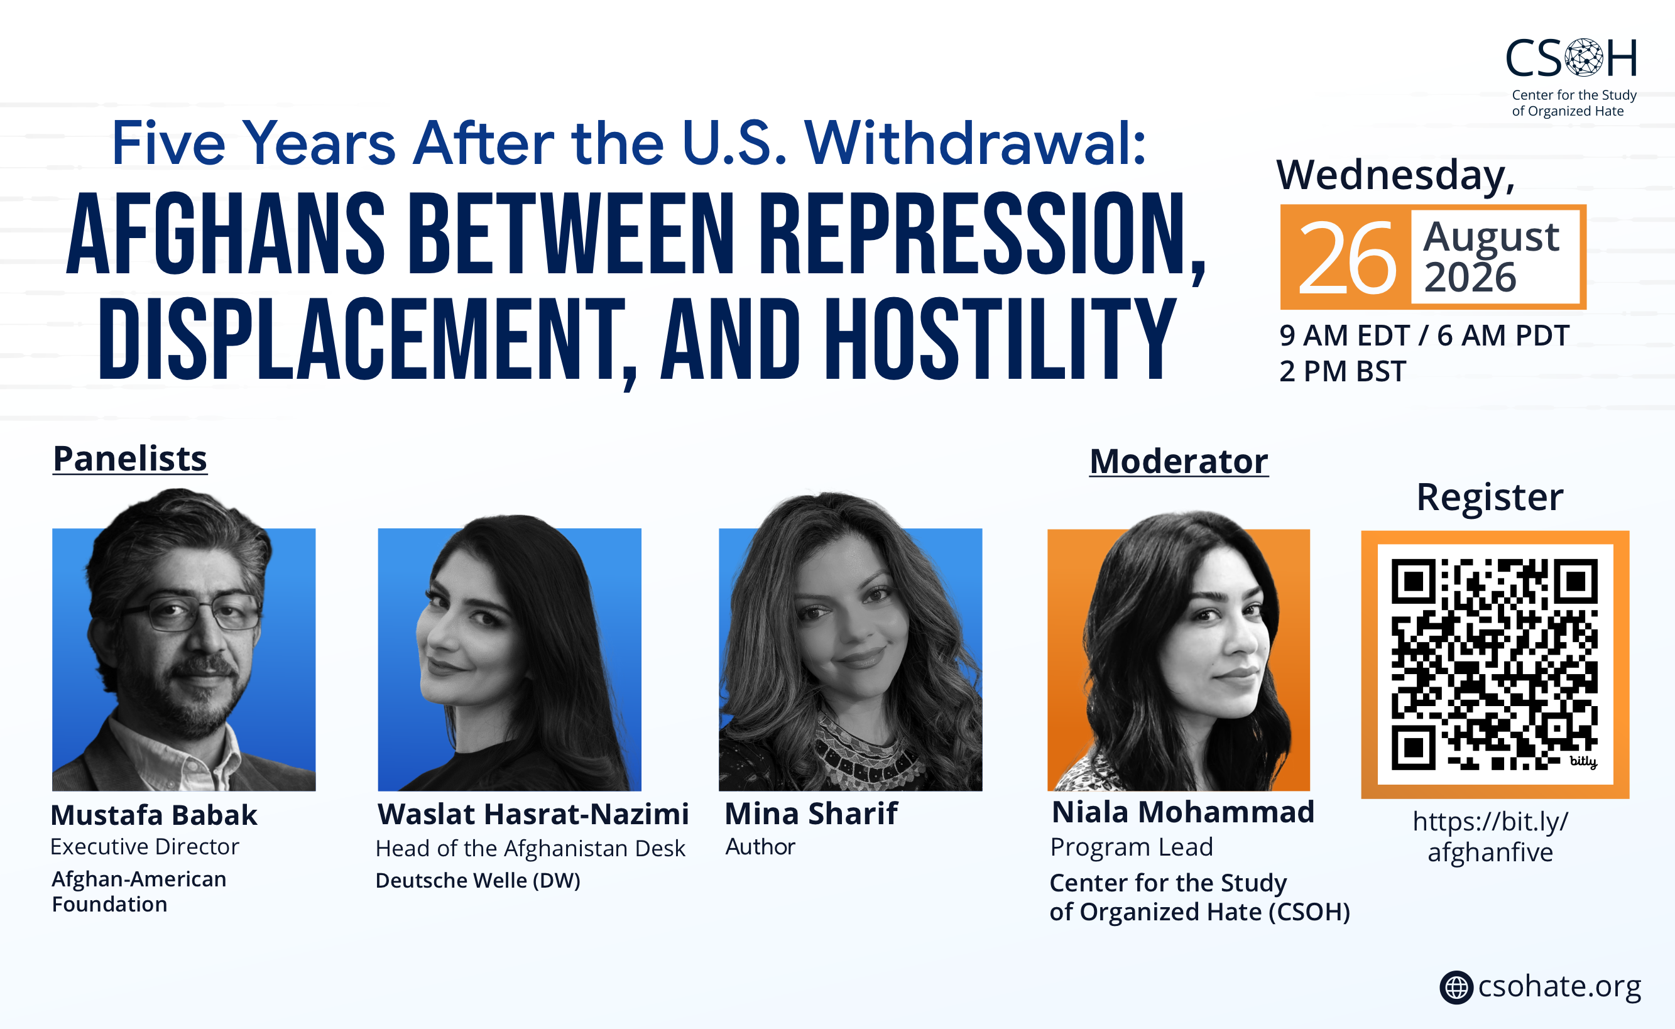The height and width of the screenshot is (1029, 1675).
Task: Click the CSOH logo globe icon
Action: pyautogui.click(x=1585, y=57)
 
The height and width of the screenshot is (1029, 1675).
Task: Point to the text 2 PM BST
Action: pyautogui.click(x=1342, y=372)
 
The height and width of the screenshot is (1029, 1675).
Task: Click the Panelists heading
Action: pyautogui.click(x=130, y=458)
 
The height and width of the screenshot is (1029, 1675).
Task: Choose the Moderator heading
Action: pyautogui.click(x=1179, y=461)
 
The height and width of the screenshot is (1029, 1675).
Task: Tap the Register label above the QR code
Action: pyautogui.click(x=1490, y=498)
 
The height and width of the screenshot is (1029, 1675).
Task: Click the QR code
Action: pyautogui.click(x=1495, y=664)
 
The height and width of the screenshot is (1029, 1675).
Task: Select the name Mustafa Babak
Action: pyautogui.click(x=154, y=815)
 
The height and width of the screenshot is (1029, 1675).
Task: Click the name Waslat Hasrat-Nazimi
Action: pyautogui.click(x=533, y=814)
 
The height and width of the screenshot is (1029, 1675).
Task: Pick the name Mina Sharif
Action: pyautogui.click(x=810, y=814)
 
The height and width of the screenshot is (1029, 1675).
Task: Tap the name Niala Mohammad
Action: pyautogui.click(x=1183, y=812)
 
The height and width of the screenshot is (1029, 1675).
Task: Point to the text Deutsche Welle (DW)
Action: pyautogui.click(x=477, y=880)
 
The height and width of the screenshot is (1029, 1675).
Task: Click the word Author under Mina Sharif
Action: pyautogui.click(x=760, y=847)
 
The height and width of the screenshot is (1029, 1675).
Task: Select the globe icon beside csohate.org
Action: pyautogui.click(x=1456, y=987)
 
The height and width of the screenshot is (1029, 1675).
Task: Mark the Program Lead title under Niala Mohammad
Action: pyautogui.click(x=1131, y=847)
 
